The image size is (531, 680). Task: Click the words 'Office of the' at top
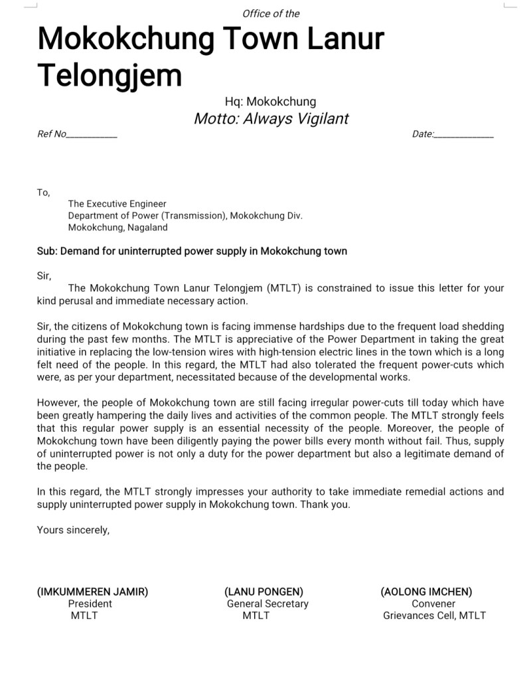[x=271, y=13]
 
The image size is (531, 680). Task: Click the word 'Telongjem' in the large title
[x=110, y=76]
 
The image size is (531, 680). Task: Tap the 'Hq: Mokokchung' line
[x=270, y=102]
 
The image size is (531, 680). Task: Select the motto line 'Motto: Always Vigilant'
[x=271, y=119]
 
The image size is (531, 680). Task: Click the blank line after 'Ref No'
[x=92, y=135]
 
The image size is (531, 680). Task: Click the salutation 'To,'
[x=43, y=193]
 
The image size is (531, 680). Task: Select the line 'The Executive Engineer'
[x=117, y=204]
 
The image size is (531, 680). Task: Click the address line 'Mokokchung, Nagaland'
[x=117, y=227]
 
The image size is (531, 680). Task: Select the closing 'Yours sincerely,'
[x=73, y=529]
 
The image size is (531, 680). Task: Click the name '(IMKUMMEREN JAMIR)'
[x=92, y=592]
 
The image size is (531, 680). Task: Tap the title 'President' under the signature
[x=90, y=604]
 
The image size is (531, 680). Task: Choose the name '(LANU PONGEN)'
[x=264, y=592]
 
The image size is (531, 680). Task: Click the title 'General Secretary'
[x=267, y=604]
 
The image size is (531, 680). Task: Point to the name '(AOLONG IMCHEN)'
[x=426, y=592]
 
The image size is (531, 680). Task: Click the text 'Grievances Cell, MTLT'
[x=434, y=616]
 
